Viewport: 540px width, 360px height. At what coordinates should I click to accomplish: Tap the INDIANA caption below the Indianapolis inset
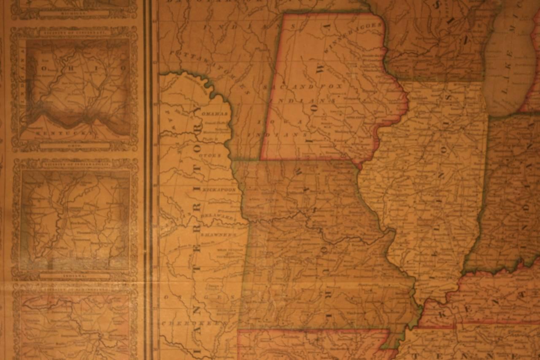click(x=75, y=276)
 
